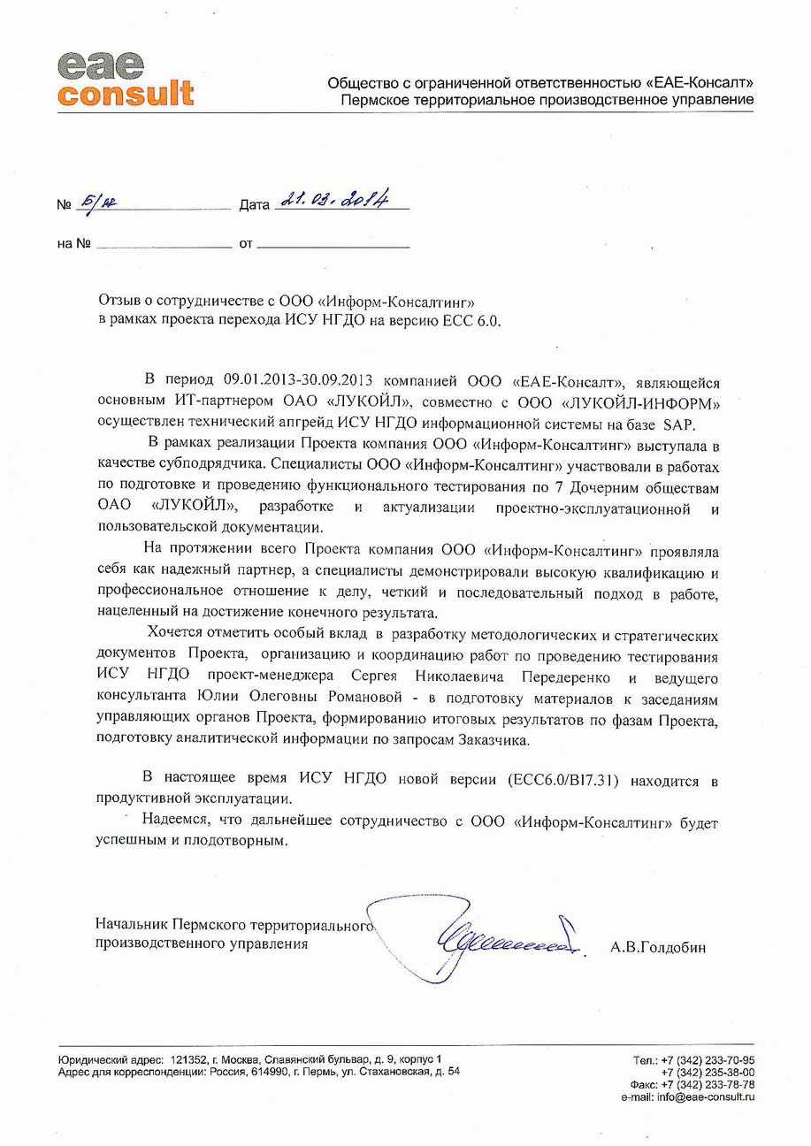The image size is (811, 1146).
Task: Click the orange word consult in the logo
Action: [126, 93]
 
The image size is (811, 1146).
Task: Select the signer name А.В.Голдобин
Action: [657, 947]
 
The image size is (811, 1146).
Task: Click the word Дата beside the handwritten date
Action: [254, 205]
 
